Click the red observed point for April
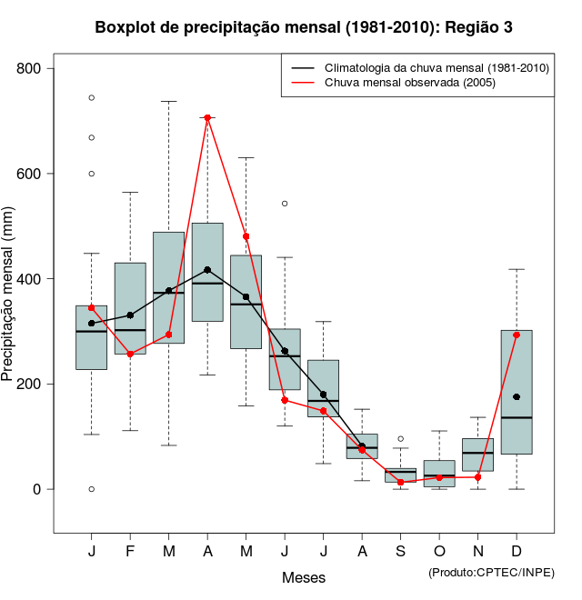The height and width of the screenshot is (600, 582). coord(207,117)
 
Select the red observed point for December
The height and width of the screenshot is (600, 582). coord(517,335)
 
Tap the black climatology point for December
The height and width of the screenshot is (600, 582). coord(517,396)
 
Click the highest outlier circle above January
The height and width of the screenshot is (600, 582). coord(92,97)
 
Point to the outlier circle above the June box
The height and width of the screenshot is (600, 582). coord(285,204)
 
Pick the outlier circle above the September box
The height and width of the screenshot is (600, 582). coord(401,439)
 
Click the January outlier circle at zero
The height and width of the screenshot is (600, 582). coord(92,489)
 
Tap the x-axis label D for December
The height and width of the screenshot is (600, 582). coord(517,552)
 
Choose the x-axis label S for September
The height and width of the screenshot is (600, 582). coord(401,552)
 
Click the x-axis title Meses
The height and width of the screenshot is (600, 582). coord(303,577)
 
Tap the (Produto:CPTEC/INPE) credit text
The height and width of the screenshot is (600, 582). coord(491,572)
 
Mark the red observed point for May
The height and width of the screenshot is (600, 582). coord(246,236)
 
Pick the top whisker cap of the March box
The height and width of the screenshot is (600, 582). coord(169,102)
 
